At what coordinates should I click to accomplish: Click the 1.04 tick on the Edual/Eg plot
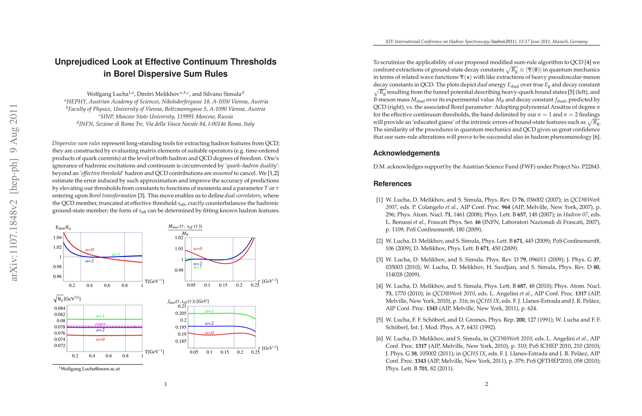tap(57, 237)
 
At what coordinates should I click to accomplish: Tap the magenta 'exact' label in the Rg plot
tap(100, 324)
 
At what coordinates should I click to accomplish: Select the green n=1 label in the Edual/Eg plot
tap(116, 255)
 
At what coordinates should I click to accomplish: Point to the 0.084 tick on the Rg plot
tap(60, 308)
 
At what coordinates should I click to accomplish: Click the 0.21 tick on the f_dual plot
tap(182, 306)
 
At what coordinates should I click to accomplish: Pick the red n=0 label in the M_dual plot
tap(198, 249)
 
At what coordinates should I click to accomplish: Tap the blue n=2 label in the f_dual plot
tap(209, 323)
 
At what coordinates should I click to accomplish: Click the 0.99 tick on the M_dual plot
tap(179, 270)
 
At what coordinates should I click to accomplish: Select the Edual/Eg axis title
tap(63, 228)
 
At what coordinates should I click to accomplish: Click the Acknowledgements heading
tap(406, 153)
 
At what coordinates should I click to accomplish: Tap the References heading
tap(392, 184)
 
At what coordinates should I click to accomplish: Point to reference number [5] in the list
tap(380, 320)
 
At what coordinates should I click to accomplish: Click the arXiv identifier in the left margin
tap(14, 192)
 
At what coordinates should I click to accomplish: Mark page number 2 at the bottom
tap(487, 384)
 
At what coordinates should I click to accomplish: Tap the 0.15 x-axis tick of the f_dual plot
tap(224, 352)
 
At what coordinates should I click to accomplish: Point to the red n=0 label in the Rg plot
tap(100, 339)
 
